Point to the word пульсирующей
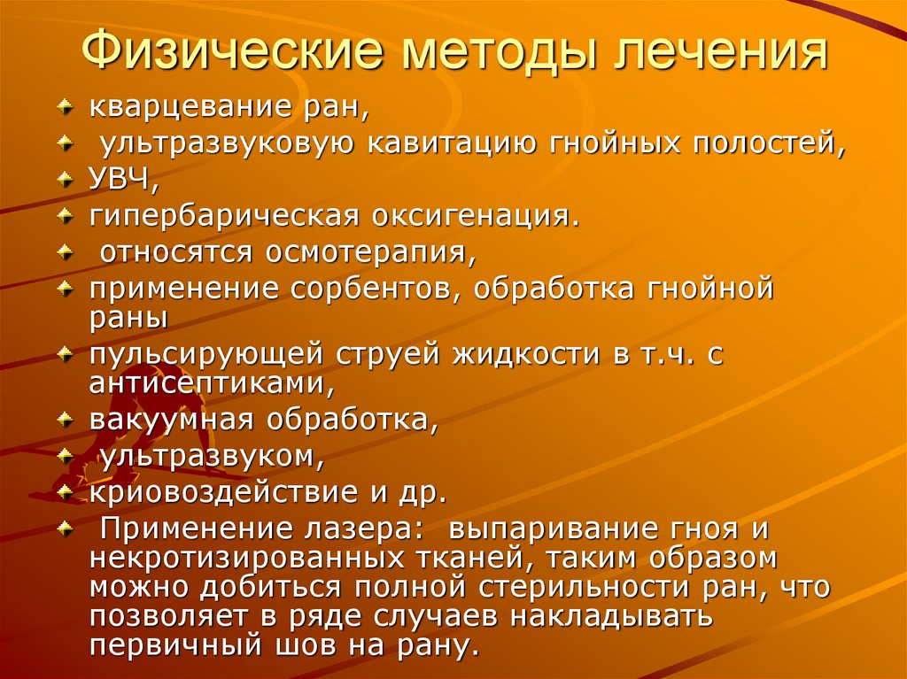click(x=205, y=354)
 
